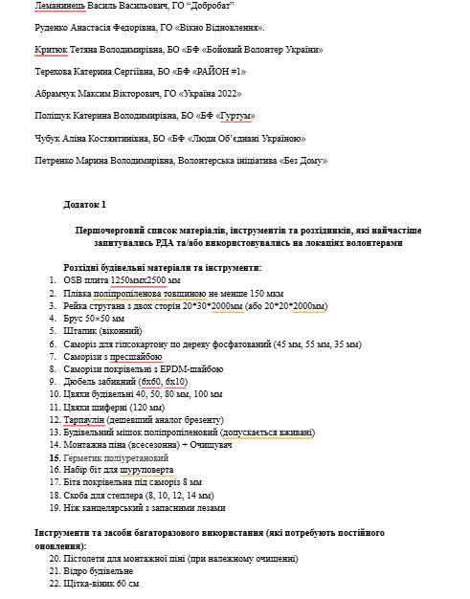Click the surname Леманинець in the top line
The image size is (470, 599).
click(x=59, y=6)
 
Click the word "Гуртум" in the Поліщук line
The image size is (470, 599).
click(x=235, y=116)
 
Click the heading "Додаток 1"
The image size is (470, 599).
click(x=85, y=205)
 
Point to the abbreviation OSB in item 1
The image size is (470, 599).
click(x=74, y=280)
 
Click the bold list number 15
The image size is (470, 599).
click(x=54, y=458)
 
